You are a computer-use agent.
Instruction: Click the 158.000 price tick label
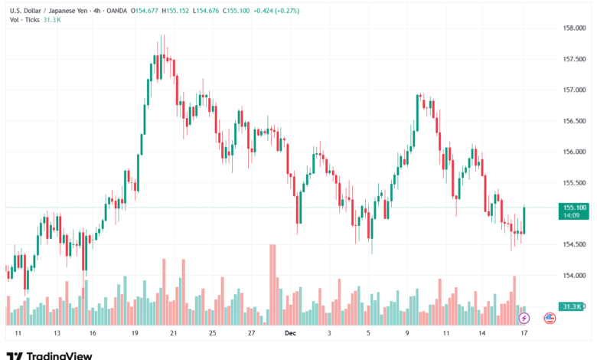click(x=574, y=28)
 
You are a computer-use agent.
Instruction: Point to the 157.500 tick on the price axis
click(x=574, y=59)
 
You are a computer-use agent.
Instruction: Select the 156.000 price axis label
click(x=574, y=152)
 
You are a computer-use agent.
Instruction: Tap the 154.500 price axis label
click(x=574, y=244)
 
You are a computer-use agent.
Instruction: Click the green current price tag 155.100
click(x=574, y=207)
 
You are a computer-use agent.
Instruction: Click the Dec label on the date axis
click(x=289, y=334)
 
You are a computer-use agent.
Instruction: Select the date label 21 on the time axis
click(x=174, y=334)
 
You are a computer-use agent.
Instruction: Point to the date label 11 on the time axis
click(x=18, y=334)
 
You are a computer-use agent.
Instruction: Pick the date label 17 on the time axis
click(x=524, y=334)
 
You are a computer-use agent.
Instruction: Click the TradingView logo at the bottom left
click(x=49, y=355)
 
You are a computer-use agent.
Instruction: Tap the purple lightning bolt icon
click(x=524, y=317)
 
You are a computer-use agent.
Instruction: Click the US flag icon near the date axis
click(x=549, y=317)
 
